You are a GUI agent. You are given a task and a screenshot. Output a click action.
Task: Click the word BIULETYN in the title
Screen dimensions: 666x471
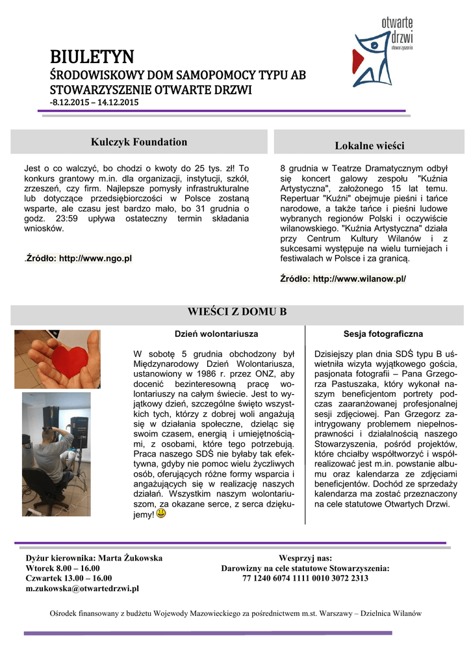pos(92,57)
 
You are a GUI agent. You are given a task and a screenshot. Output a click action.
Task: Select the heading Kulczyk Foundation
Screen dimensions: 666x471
pos(139,142)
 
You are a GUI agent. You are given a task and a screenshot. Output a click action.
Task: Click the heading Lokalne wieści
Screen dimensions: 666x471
pos(369,145)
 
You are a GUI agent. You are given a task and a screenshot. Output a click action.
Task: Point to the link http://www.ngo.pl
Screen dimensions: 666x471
pos(95,258)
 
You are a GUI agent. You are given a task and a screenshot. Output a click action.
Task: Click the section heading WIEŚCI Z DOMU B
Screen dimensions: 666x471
pos(236,312)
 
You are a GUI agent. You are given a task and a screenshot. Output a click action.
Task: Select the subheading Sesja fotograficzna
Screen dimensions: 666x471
pos(383,334)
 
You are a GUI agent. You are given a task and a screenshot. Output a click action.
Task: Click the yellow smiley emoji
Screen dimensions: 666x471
pos(161,514)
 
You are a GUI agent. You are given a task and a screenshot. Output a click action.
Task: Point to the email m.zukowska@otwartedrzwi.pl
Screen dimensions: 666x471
pos(83,589)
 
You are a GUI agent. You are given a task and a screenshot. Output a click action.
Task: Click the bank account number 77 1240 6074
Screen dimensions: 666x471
pos(305,578)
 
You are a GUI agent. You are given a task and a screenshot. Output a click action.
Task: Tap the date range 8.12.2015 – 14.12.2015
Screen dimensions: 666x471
pos(94,102)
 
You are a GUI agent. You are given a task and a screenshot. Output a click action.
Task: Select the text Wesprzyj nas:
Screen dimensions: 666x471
pos(305,558)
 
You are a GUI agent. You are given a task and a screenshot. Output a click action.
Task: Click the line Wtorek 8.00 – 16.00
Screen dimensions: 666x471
pos(62,568)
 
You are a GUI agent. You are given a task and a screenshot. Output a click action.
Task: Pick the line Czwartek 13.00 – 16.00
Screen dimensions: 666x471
pos(68,578)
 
